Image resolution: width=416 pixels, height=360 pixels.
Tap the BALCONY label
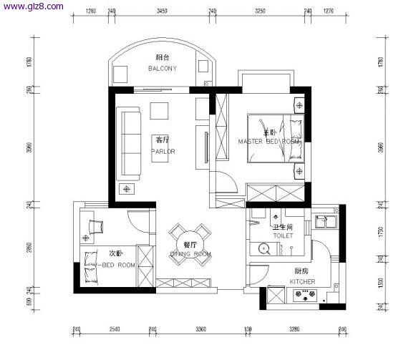click(162, 69)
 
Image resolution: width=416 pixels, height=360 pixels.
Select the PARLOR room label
click(163, 152)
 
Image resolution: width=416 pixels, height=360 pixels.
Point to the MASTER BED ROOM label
click(269, 142)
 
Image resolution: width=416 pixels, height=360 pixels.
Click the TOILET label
click(282, 235)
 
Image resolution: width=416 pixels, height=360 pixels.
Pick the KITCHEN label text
click(302, 282)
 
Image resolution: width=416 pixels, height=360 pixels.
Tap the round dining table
click(190, 244)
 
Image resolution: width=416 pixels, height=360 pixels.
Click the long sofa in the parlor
click(130, 143)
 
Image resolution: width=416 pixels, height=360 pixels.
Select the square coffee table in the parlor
click(159, 110)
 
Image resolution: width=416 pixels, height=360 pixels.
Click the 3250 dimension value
click(260, 11)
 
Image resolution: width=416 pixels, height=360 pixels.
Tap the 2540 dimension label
click(114, 330)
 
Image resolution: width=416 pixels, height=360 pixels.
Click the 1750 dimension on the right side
click(381, 233)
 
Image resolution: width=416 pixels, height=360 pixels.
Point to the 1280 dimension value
click(91, 11)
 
